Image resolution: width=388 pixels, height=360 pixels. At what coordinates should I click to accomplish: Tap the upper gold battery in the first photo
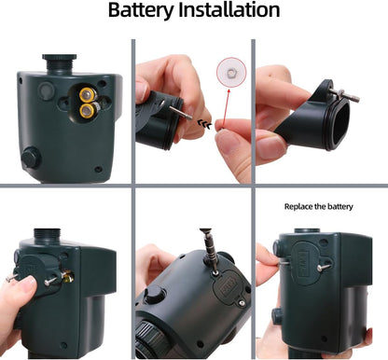tap(88, 95)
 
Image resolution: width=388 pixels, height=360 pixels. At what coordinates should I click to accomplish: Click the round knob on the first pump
tap(31, 157)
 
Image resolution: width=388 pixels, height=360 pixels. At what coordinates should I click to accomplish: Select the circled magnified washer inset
tap(227, 70)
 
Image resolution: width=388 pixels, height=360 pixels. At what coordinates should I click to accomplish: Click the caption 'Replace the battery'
tap(321, 205)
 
